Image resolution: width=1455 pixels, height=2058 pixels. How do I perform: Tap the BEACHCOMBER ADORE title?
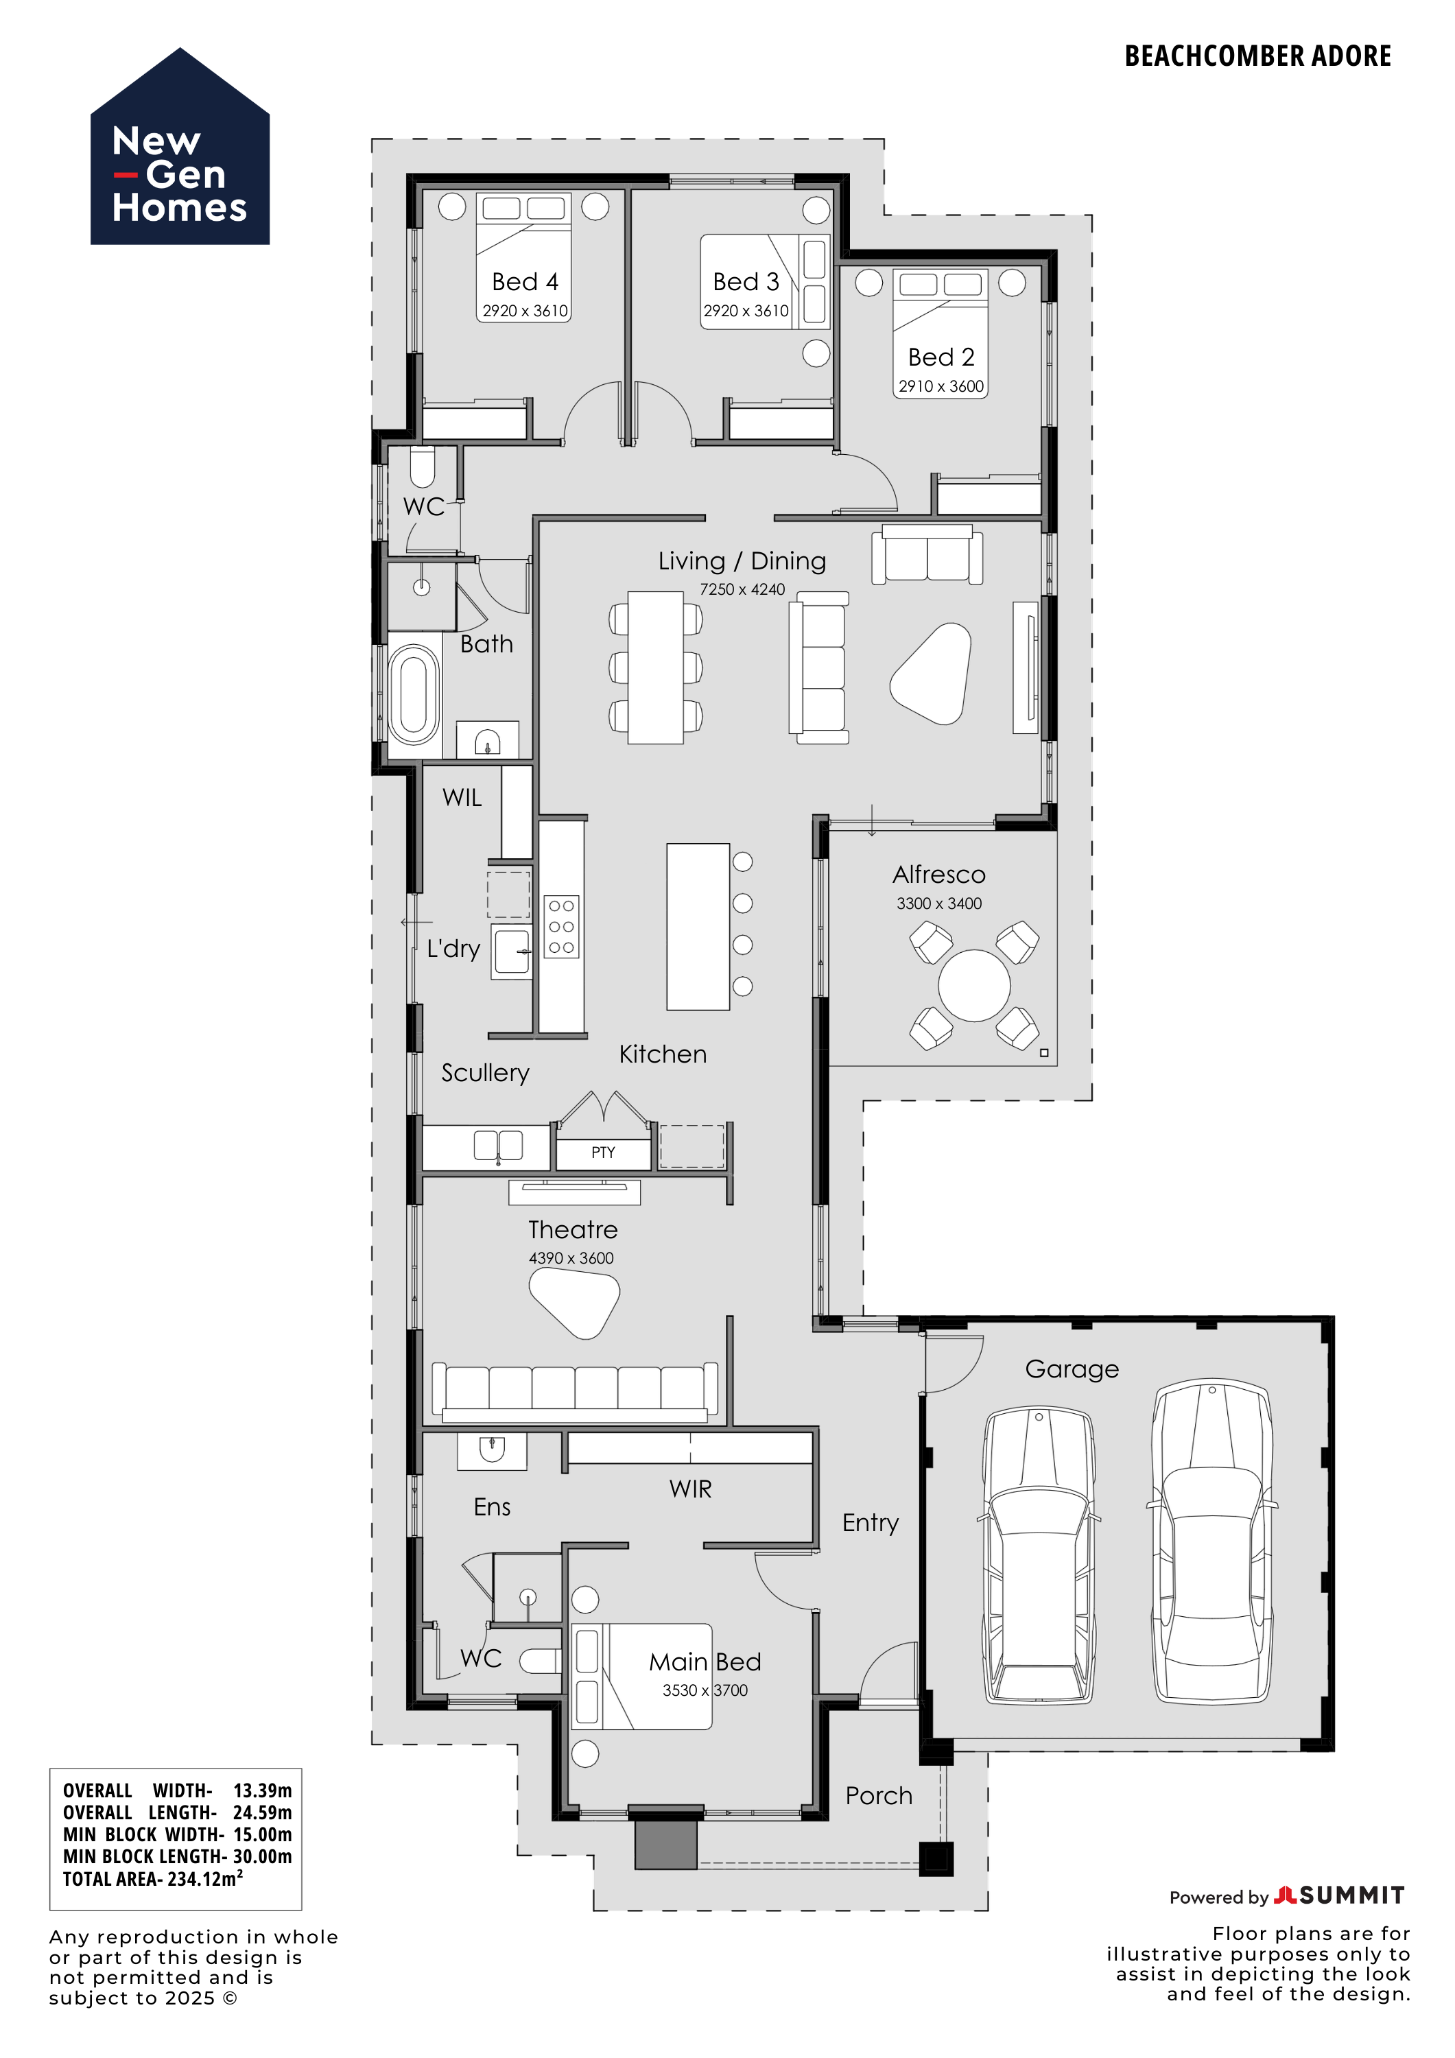pyautogui.click(x=1257, y=56)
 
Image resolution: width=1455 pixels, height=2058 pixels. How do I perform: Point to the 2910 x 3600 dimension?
pyautogui.click(x=941, y=386)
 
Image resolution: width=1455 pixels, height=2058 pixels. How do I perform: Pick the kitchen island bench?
pyautogui.click(x=698, y=926)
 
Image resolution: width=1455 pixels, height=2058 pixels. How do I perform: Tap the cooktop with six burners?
pyautogui.click(x=561, y=927)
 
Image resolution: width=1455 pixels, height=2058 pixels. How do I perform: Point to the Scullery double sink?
pyautogui.click(x=497, y=1146)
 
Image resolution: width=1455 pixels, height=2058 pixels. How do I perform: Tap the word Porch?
pyautogui.click(x=879, y=1795)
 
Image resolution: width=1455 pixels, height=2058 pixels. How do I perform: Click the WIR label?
pyautogui.click(x=690, y=1489)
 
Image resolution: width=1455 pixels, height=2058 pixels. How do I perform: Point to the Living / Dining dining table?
pyautogui.click(x=655, y=667)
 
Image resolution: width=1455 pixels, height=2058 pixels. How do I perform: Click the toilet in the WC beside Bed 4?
pyautogui.click(x=423, y=466)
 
